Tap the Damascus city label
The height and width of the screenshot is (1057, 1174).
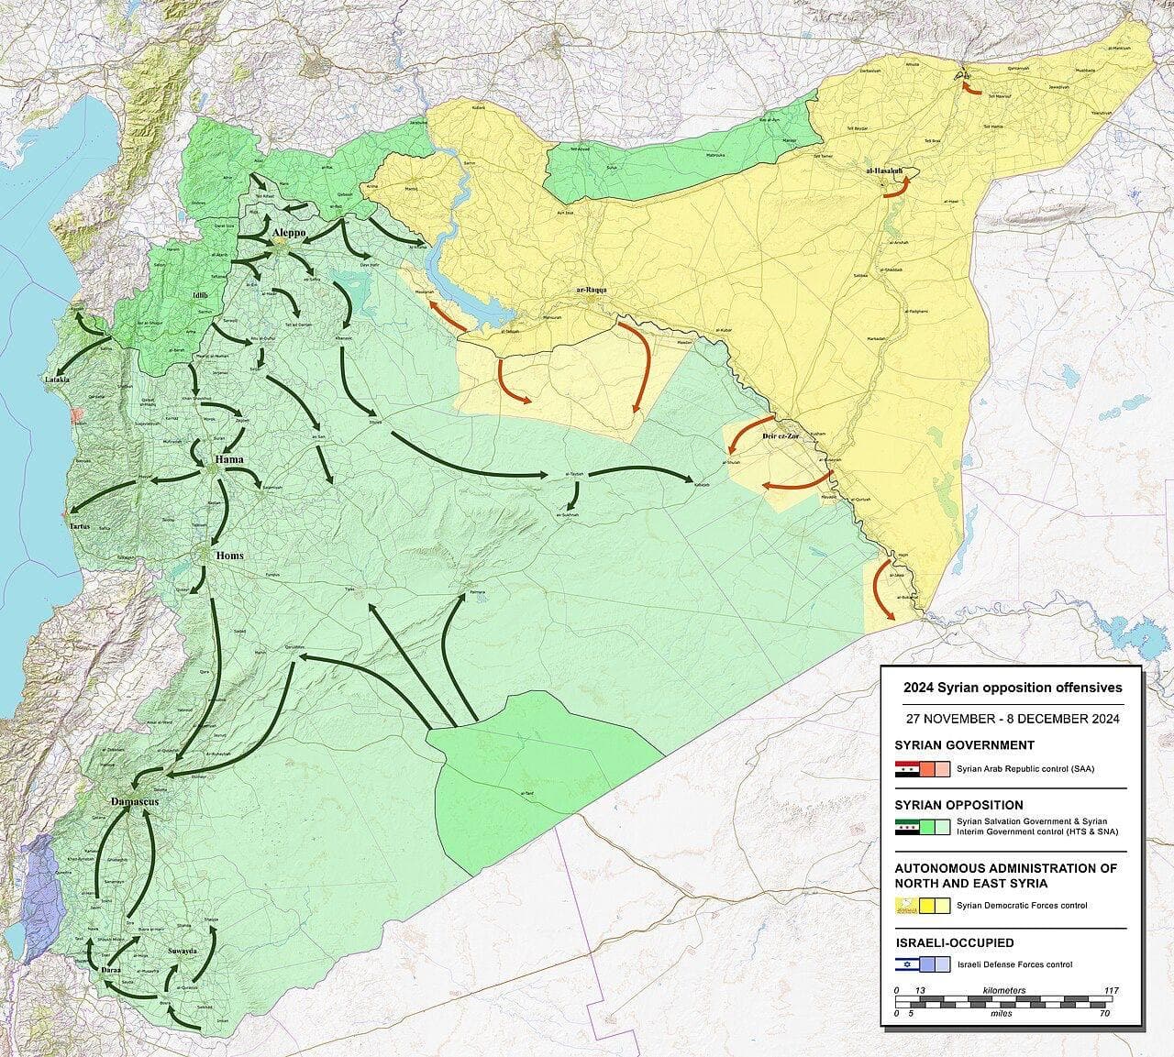pos(134,801)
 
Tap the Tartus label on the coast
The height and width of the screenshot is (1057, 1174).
pos(80,526)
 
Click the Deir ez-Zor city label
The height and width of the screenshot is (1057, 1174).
pos(781,436)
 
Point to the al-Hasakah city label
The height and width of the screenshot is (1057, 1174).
pos(883,171)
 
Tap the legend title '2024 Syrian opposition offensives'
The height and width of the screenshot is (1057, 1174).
pos(1012,688)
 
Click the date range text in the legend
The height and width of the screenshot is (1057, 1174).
pos(1012,719)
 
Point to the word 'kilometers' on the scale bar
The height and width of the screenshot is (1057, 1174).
pos(1003,991)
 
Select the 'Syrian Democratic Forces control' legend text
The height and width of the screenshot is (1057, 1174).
pos(1022,906)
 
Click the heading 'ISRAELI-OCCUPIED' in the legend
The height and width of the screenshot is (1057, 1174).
pos(954,942)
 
